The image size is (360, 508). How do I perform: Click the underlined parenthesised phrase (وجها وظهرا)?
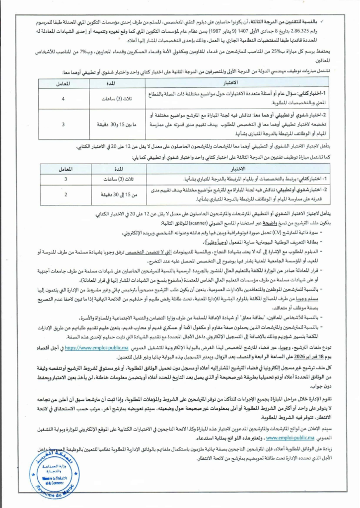tap(200, 241)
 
